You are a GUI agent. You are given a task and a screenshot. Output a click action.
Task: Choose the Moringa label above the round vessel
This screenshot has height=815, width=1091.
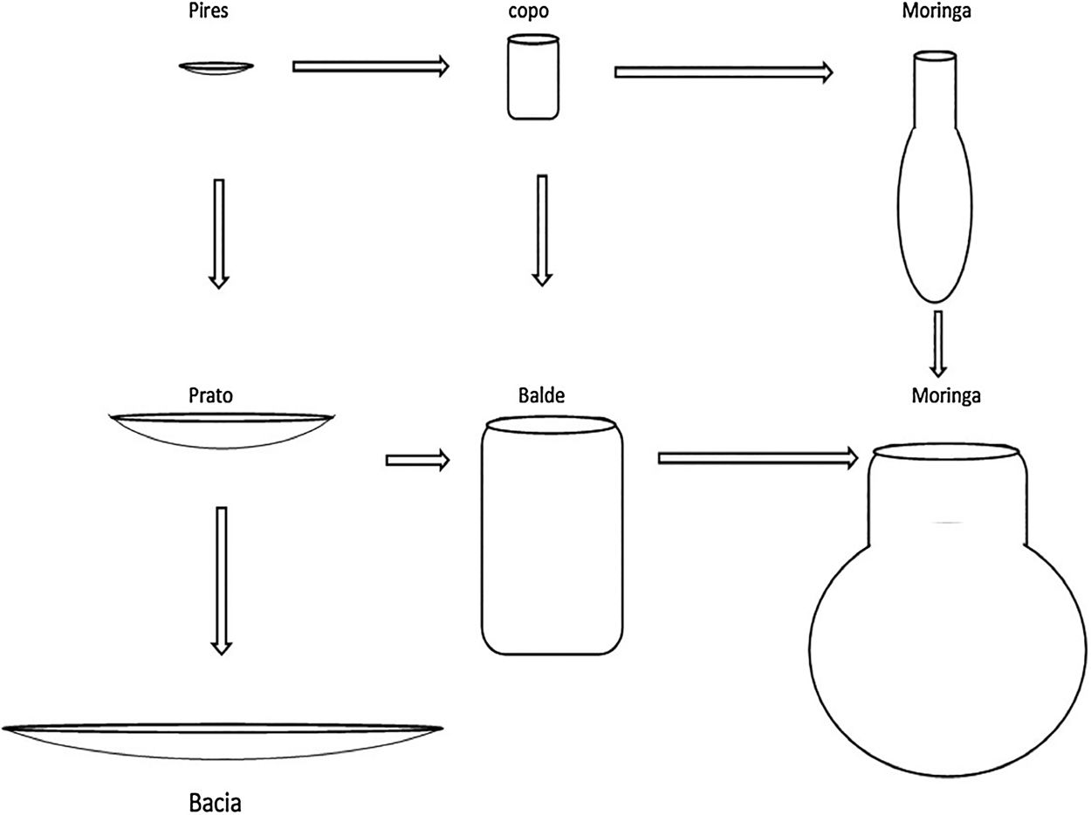(x=946, y=395)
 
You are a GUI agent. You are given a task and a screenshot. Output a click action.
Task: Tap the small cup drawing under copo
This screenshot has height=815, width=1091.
(x=532, y=77)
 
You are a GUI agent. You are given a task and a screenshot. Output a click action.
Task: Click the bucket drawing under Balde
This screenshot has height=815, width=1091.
(x=552, y=535)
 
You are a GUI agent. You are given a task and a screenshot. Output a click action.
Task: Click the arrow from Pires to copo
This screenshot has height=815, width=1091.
(x=370, y=65)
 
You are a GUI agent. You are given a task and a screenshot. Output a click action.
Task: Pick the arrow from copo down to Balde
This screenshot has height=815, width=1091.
(x=542, y=229)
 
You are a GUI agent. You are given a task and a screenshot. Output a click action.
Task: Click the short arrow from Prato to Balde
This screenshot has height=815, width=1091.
(x=416, y=459)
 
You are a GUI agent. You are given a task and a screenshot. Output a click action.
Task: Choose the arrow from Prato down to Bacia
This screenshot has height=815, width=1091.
(x=222, y=579)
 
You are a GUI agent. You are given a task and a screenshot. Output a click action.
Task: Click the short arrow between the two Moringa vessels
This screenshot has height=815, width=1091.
(x=938, y=343)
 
